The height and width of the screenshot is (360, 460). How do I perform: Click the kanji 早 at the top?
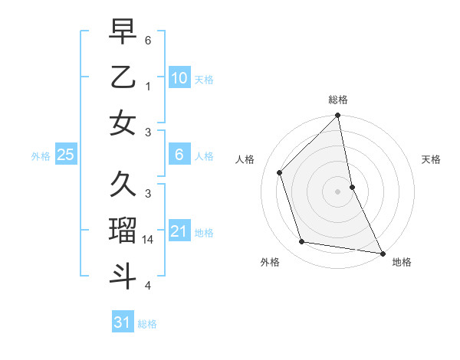coord(123,33)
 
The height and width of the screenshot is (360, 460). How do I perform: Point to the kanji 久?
coord(123,185)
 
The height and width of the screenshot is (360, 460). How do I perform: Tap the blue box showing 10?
coord(179,78)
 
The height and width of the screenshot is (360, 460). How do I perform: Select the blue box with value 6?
coord(179,155)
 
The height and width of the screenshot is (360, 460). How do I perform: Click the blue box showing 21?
coord(179,231)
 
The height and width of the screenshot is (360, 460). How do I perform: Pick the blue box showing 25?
coord(65,155)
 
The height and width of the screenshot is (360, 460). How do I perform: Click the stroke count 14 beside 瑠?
coord(149,240)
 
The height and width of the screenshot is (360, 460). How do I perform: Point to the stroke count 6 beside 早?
coord(148,39)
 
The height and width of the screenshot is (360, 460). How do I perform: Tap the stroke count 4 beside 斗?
coord(148,286)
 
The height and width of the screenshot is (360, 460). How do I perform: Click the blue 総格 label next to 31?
coord(147,324)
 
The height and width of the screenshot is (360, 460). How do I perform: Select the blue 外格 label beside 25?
coord(41,156)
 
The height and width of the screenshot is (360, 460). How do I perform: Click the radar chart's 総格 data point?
coord(338,116)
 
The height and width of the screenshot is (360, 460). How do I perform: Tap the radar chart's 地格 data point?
coord(382,253)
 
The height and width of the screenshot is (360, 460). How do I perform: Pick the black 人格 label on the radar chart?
coord(245,159)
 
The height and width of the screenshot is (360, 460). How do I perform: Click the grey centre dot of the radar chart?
coord(338,191)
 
